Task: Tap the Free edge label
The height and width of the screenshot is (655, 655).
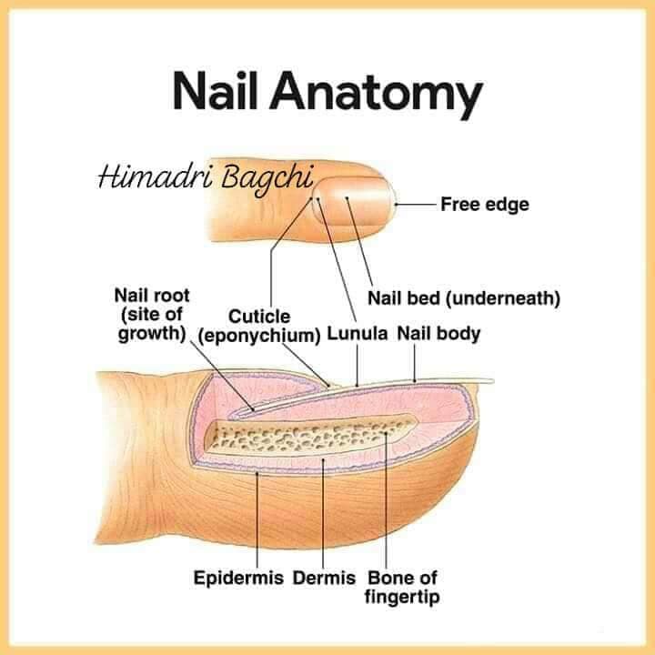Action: pos(485,205)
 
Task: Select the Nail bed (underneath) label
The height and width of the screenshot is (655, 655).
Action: pos(464,298)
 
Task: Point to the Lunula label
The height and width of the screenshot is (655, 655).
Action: pos(358,333)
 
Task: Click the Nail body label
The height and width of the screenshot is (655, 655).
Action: pos(438,333)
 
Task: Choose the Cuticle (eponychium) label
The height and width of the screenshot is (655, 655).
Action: pos(259,326)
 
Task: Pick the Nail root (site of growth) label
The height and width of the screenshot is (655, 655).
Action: pos(153,315)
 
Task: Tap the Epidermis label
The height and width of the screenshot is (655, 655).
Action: pos(238,578)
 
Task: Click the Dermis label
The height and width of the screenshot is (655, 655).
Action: pos(324,578)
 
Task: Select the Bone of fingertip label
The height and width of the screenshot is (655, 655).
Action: pos(402,587)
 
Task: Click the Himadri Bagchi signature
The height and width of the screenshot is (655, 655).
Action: pos(205,177)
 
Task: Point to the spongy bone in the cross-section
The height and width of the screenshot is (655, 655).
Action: pos(309,438)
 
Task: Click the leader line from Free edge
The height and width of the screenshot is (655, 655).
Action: pos(416,205)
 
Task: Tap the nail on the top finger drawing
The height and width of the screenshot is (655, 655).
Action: pos(354,200)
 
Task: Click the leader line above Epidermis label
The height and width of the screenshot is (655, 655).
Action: pos(257,519)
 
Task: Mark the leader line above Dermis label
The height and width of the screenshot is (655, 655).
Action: pos(323,513)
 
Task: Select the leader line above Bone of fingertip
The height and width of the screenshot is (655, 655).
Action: pos(386,500)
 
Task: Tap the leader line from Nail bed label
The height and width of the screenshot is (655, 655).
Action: pos(359,241)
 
